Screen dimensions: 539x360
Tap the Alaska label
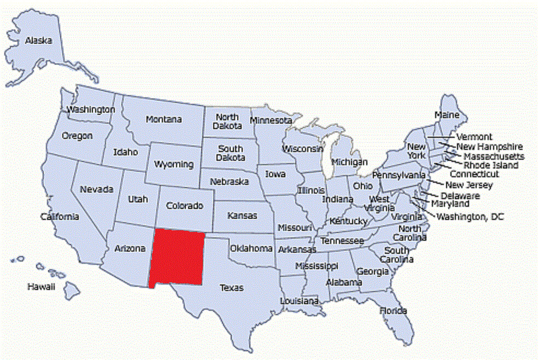pyautogui.click(x=38, y=40)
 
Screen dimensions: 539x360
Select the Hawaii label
pyautogui.click(x=42, y=287)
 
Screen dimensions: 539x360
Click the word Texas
pyautogui.click(x=232, y=287)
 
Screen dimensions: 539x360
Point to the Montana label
pyautogui.click(x=164, y=119)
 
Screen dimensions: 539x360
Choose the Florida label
pyautogui.click(x=394, y=311)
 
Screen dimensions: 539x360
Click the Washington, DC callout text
pyautogui.click(x=470, y=217)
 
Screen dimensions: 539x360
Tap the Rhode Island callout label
pyautogui.click(x=491, y=165)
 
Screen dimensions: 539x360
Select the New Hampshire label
pyautogui.click(x=490, y=147)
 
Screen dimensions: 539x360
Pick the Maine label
pyautogui.click(x=447, y=115)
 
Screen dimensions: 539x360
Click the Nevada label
pyautogui.click(x=97, y=189)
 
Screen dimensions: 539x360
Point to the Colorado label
pyautogui.click(x=185, y=206)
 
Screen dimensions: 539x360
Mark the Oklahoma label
pyautogui.click(x=251, y=248)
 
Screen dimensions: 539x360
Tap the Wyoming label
pyautogui.click(x=173, y=164)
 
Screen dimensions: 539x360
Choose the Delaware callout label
pyautogui.click(x=460, y=195)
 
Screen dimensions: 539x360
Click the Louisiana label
pyautogui.click(x=299, y=301)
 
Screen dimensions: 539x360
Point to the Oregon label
pyautogui.click(x=77, y=136)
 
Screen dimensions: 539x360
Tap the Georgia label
pyautogui.click(x=373, y=271)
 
